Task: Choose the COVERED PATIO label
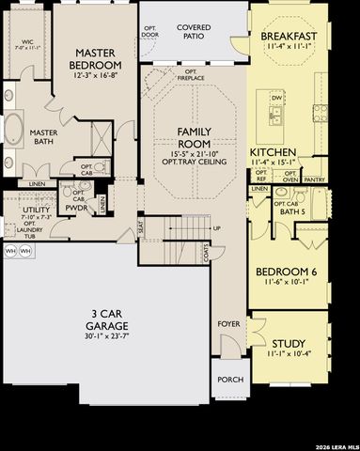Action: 194,34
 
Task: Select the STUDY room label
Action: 288,344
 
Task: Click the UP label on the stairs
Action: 218,228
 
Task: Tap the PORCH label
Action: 230,380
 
